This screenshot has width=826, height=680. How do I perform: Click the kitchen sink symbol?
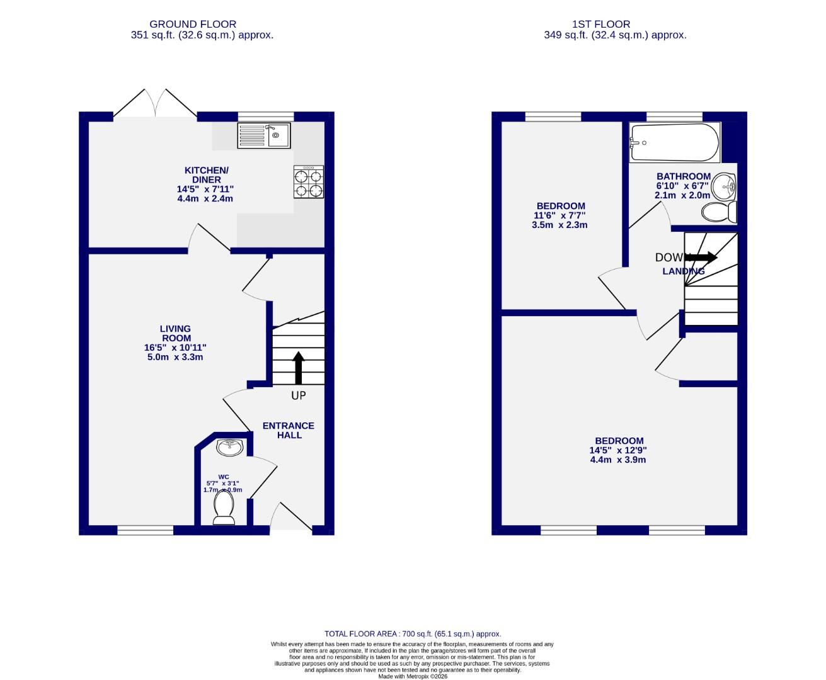(264, 135)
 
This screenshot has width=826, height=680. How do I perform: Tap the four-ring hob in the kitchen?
(309, 182)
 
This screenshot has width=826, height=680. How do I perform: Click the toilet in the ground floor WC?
(224, 507)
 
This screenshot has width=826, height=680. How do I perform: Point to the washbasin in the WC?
(230, 448)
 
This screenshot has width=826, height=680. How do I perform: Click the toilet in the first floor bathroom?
(721, 212)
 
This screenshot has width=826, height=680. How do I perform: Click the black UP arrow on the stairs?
(298, 368)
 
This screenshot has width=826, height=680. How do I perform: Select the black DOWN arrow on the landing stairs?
(702, 257)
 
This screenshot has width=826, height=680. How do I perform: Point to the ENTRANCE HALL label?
(289, 430)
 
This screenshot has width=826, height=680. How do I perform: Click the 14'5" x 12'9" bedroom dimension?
(618, 450)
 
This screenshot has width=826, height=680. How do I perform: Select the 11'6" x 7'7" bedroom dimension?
(560, 215)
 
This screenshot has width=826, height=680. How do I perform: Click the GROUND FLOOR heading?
(202, 25)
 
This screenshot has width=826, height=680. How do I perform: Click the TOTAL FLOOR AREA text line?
(413, 634)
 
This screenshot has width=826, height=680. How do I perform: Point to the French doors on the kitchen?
(155, 105)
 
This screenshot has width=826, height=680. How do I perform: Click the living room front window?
(145, 530)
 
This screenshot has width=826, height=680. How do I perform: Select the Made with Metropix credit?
(413, 676)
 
